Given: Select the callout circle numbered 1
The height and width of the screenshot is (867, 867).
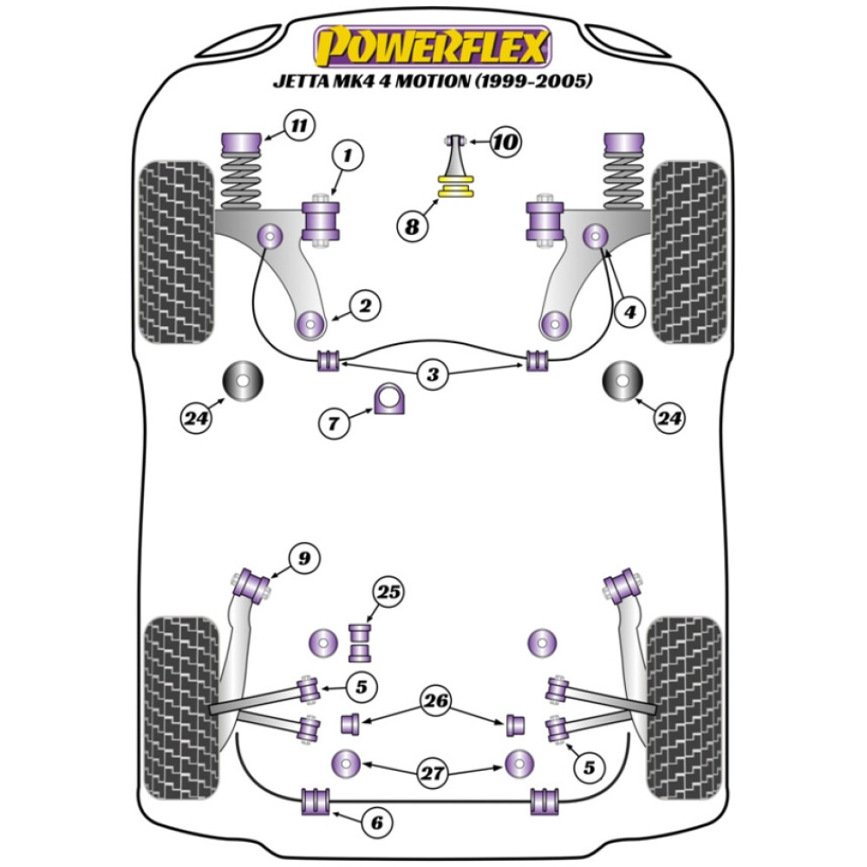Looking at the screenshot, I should (x=348, y=157).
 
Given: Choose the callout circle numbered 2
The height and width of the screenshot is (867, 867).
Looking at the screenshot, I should (x=364, y=305).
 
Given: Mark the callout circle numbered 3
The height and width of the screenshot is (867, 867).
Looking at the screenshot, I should (x=432, y=375).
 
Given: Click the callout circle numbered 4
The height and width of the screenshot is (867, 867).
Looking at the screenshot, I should (x=629, y=310).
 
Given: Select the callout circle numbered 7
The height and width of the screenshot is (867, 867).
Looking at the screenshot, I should (x=335, y=423).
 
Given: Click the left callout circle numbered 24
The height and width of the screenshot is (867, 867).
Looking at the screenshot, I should (x=197, y=418).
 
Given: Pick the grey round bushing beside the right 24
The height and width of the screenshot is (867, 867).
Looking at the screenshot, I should (x=622, y=380).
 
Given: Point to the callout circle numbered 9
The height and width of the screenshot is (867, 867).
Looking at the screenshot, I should (x=303, y=559).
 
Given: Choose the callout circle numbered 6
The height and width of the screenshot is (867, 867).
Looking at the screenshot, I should (x=375, y=822).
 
